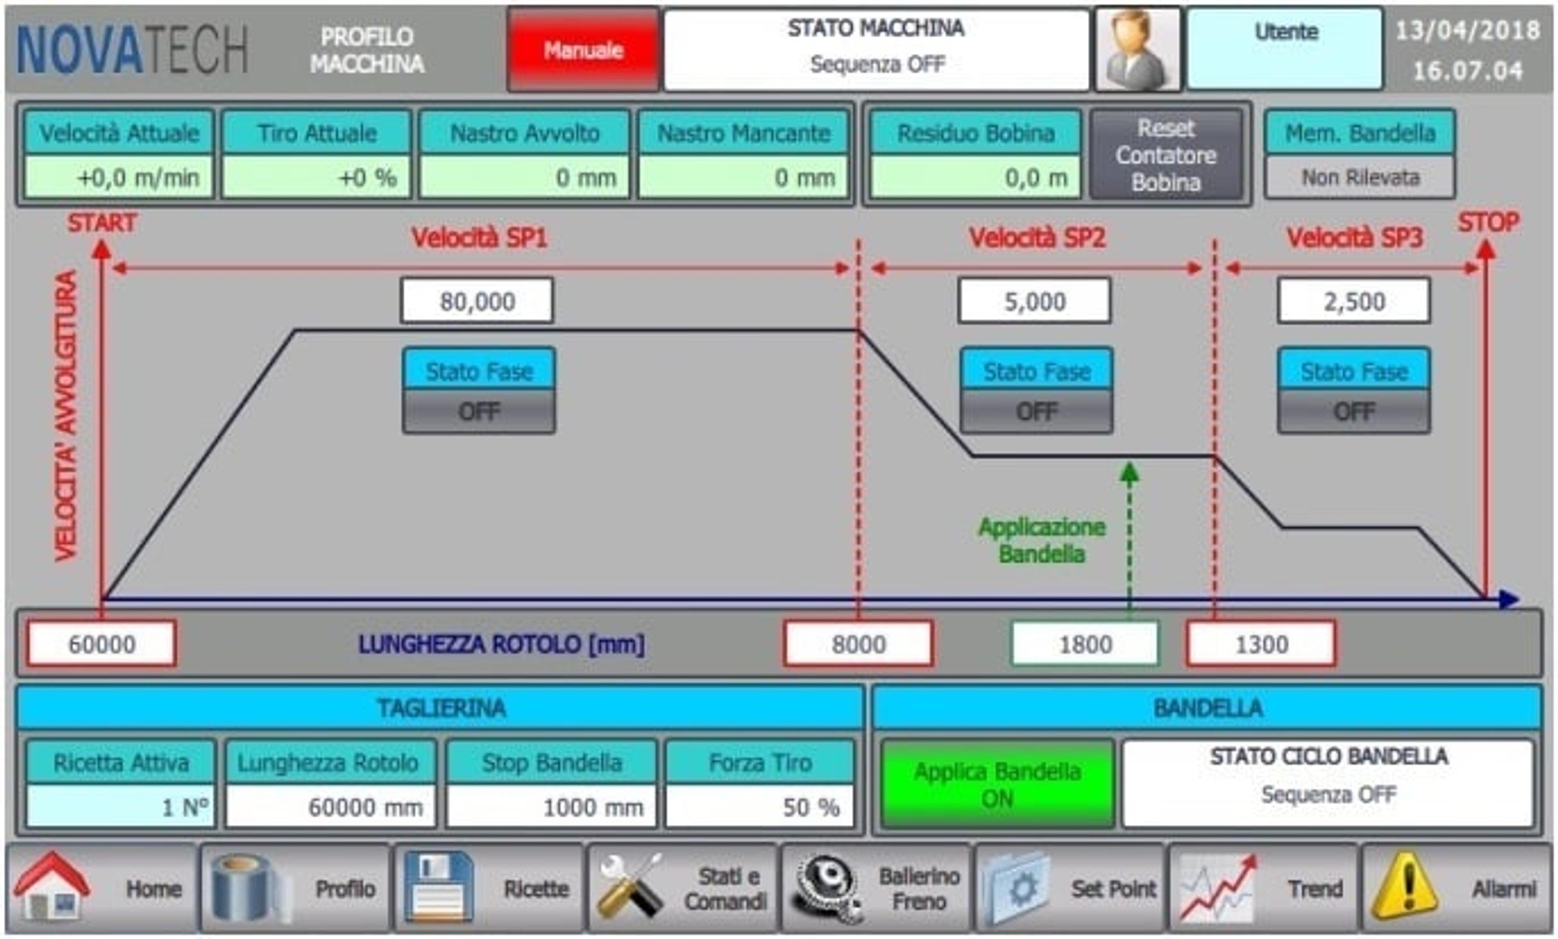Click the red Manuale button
pyautogui.click(x=583, y=50)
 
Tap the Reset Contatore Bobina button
pyautogui.click(x=1166, y=155)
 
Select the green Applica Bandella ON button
pyautogui.click(x=997, y=784)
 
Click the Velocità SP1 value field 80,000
pyautogui.click(x=477, y=301)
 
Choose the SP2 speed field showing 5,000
pyautogui.click(x=1035, y=301)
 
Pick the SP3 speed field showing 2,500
pyautogui.click(x=1354, y=301)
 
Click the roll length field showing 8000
pyautogui.click(x=858, y=644)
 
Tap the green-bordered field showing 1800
pyautogui.click(x=1085, y=644)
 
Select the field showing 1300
pyautogui.click(x=1261, y=644)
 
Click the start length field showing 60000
pyautogui.click(x=101, y=644)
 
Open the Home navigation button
pyautogui.click(x=101, y=888)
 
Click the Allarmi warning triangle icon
pyautogui.click(x=1405, y=887)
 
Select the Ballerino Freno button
pyautogui.click(x=876, y=888)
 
